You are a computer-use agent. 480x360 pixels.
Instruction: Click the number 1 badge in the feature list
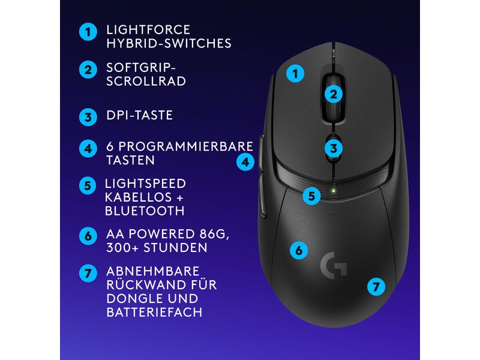[x=88, y=32]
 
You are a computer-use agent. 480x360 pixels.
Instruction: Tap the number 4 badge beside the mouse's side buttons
[x=245, y=161]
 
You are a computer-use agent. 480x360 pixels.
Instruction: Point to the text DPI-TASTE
[x=139, y=115]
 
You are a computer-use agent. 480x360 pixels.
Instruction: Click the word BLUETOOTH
[x=144, y=211]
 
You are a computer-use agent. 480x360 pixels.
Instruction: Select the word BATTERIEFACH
[x=154, y=313]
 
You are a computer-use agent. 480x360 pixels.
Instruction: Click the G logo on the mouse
[x=334, y=264]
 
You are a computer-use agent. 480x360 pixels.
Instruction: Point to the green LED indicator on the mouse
[x=334, y=193]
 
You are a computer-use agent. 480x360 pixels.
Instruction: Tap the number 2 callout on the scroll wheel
[x=334, y=94]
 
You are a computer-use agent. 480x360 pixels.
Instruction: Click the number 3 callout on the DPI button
[x=334, y=148]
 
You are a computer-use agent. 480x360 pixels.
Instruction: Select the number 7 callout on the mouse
[x=376, y=287]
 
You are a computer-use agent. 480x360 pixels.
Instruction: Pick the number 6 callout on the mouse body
[x=298, y=250]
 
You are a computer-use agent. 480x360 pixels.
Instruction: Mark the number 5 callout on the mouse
[x=310, y=196]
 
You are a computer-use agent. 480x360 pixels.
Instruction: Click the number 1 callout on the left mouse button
[x=295, y=74]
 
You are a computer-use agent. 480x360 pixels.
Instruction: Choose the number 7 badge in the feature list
[x=88, y=273]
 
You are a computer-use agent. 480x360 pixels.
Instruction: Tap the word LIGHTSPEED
[x=145, y=183]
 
